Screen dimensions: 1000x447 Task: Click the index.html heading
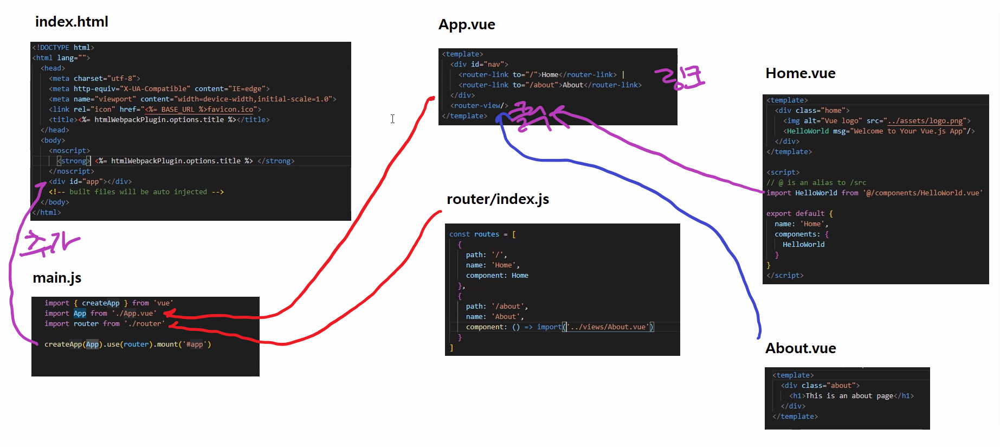point(72,22)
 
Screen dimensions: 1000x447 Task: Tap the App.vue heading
point(467,24)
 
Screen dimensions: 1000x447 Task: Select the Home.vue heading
point(800,73)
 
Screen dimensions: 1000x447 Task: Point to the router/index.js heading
point(498,199)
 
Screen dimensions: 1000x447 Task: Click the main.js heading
point(57,278)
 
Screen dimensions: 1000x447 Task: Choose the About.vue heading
point(801,348)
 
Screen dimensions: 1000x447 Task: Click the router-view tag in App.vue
point(479,106)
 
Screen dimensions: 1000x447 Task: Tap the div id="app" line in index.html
point(90,182)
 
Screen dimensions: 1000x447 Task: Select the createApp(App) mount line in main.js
point(127,344)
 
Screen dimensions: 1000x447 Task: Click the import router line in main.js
point(104,324)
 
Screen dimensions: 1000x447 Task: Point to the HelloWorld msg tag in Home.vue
point(879,131)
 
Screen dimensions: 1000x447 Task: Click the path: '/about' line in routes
point(496,306)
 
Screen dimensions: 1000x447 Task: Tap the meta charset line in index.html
point(94,79)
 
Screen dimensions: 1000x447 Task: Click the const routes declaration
point(482,234)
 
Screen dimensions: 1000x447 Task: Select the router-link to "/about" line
point(550,85)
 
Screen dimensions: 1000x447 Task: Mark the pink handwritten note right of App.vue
point(680,78)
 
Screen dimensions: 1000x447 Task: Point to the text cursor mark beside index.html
point(392,119)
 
